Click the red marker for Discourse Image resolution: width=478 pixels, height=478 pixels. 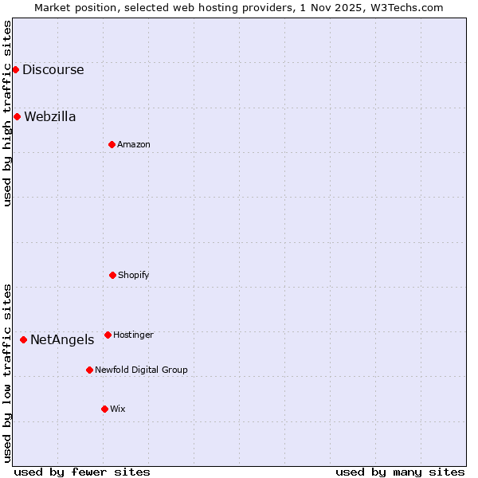point(15,69)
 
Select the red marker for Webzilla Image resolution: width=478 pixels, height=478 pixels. point(17,116)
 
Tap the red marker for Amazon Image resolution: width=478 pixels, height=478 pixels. point(112,144)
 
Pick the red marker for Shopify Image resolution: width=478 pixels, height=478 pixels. point(112,275)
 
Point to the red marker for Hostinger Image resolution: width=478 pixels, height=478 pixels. point(108,335)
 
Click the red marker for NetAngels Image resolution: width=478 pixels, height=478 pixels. point(23,339)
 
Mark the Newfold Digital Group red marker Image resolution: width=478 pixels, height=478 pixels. point(89,370)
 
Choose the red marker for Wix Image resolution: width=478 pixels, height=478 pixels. point(104,409)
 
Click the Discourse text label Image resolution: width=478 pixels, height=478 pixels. point(53,69)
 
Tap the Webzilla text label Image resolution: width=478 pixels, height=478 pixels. point(50,116)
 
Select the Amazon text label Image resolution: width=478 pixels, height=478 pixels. point(134,144)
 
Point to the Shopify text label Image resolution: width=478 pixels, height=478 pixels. point(134,275)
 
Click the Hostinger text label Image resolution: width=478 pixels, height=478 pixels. point(133,335)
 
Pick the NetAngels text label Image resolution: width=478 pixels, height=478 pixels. point(62,339)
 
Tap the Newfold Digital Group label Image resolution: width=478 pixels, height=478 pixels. point(141,370)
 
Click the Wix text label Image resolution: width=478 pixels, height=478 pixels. point(118,409)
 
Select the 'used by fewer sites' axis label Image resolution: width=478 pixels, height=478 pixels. point(82,472)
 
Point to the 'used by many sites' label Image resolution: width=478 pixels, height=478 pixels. point(400,472)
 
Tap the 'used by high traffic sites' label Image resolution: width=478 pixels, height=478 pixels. point(7,113)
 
